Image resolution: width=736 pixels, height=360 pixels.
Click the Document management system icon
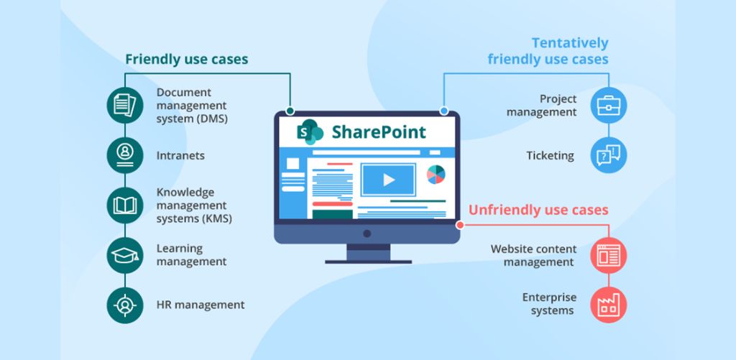click(x=125, y=105)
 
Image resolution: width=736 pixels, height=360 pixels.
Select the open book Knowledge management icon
click(x=125, y=206)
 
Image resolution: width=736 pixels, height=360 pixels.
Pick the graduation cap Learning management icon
click(x=125, y=255)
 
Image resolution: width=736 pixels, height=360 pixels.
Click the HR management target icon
click(x=125, y=305)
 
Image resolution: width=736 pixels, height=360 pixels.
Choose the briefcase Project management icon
click(x=609, y=105)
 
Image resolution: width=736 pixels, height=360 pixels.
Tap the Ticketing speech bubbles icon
click(x=609, y=155)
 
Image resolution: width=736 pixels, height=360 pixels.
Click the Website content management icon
click(x=609, y=255)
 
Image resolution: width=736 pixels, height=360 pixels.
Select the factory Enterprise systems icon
click(x=609, y=305)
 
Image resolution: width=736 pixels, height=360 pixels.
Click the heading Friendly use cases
click(x=186, y=59)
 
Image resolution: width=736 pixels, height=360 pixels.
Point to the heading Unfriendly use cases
click(x=538, y=210)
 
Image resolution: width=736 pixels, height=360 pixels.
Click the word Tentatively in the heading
click(x=569, y=43)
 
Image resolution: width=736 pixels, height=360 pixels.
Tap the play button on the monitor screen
click(x=388, y=180)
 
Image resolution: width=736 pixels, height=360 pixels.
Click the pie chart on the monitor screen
click(x=436, y=175)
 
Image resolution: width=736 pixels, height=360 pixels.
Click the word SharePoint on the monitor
click(x=378, y=132)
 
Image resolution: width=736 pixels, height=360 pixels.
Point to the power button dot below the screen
click(x=367, y=234)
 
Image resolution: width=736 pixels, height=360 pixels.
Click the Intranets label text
click(x=180, y=155)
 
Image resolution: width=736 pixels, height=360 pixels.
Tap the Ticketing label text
click(x=550, y=155)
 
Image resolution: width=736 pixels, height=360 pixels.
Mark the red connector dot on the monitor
click(x=459, y=225)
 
